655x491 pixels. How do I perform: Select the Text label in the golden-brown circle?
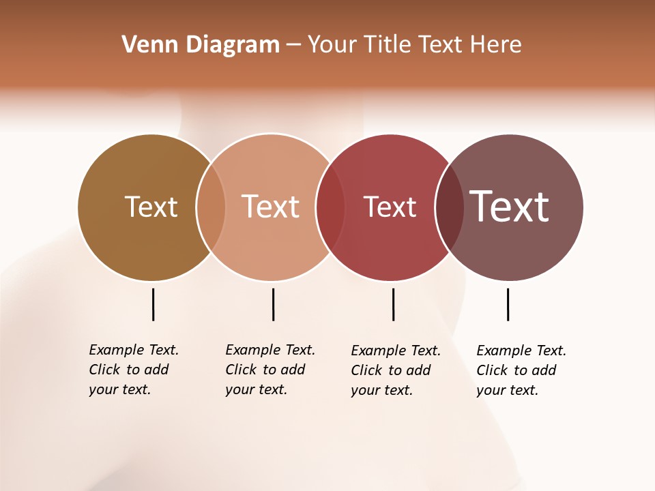151,207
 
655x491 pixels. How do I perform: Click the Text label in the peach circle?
271,207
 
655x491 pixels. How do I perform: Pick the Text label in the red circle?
390,207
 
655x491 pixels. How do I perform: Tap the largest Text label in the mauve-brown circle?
509,206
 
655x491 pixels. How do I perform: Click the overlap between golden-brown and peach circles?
211,207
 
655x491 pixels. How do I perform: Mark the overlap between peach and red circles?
330,207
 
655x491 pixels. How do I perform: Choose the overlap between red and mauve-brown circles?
449,207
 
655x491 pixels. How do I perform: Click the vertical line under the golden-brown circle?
153,304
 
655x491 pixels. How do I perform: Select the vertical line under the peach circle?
273,304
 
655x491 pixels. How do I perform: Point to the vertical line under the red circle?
393,304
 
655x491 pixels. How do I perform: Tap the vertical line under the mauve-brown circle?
508,304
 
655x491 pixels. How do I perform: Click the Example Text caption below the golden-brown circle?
133,370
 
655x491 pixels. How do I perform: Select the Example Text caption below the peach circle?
270,370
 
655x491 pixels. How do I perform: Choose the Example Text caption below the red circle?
395,370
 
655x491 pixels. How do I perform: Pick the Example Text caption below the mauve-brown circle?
521,370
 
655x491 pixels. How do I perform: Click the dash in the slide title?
293,46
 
